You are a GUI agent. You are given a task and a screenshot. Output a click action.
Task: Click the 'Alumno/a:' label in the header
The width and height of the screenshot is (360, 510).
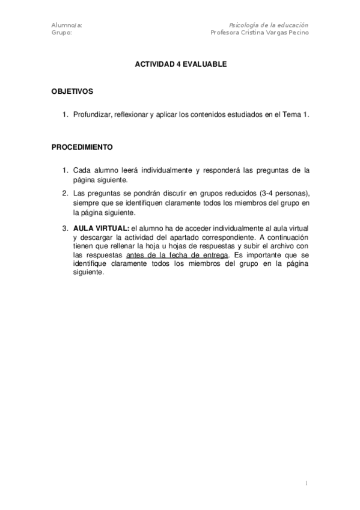67,25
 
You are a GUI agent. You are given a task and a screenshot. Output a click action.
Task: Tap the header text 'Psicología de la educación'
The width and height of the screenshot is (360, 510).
269,25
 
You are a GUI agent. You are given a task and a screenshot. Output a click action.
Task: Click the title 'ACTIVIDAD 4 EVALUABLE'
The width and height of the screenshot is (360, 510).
180,64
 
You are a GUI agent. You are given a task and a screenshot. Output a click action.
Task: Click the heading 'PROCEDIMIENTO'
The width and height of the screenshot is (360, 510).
82,147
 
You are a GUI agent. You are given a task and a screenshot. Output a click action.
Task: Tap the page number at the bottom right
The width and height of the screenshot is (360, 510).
307,483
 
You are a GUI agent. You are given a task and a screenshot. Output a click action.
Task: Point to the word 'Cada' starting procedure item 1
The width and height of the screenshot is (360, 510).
82,170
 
